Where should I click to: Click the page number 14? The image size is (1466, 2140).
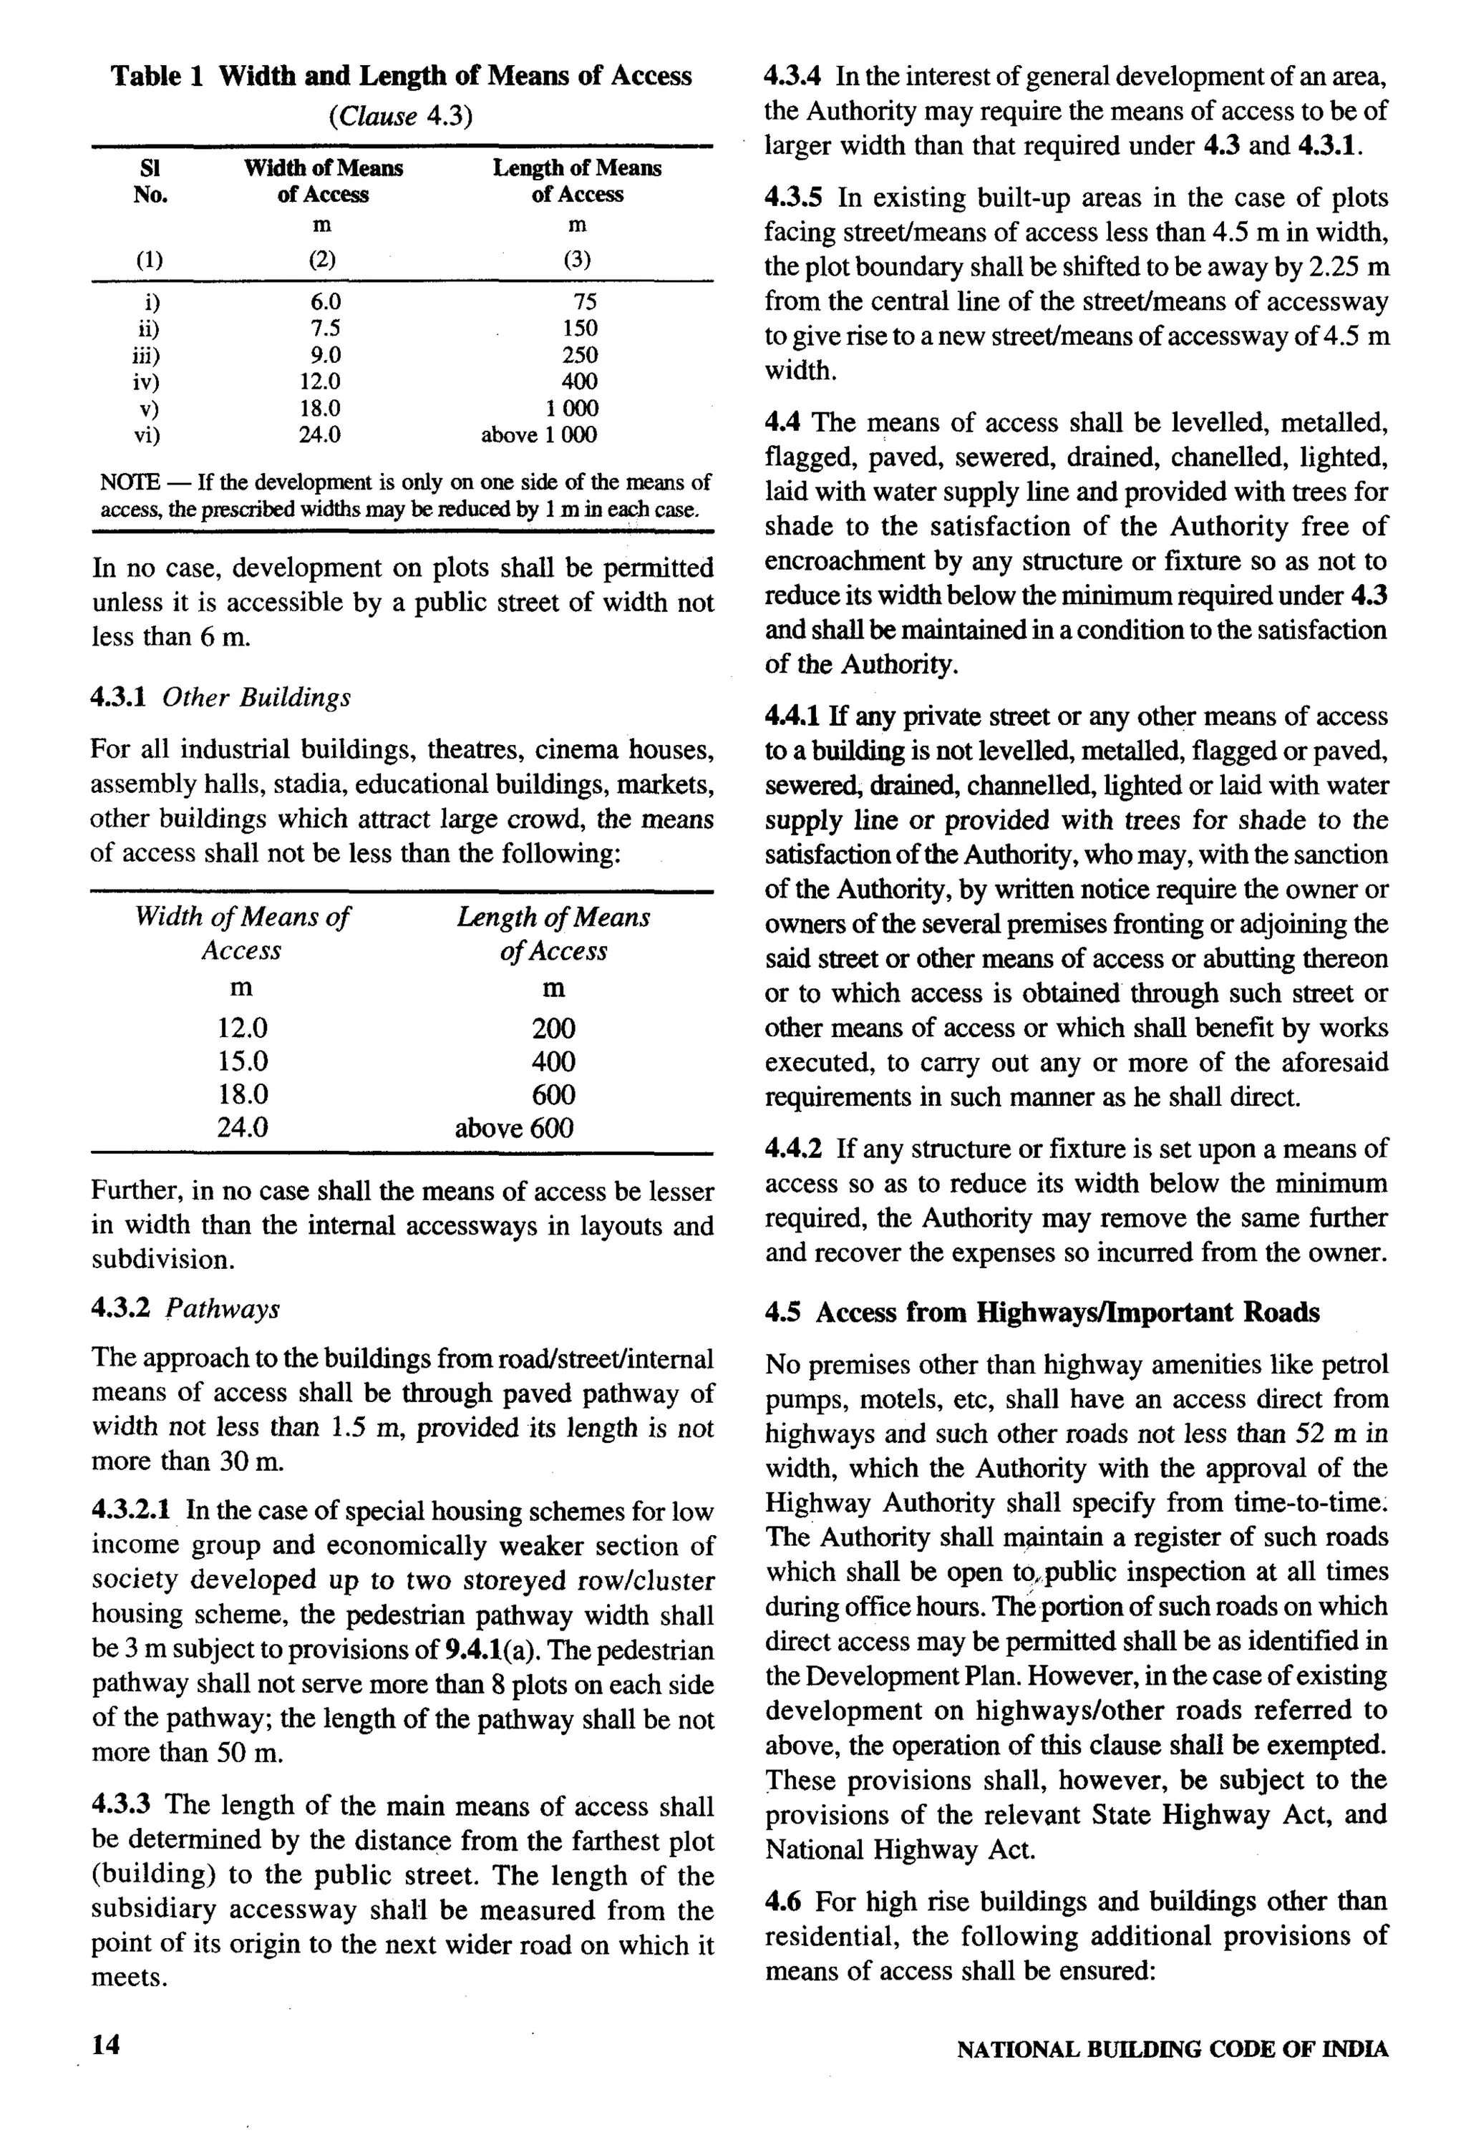[x=106, y=2046]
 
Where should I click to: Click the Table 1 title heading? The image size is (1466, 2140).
[x=401, y=75]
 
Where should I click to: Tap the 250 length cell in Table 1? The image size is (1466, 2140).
[x=579, y=356]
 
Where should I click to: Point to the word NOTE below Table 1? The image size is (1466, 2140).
[x=129, y=482]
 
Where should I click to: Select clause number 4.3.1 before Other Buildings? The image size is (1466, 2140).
[x=119, y=697]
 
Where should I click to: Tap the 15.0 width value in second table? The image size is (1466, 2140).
[x=242, y=1061]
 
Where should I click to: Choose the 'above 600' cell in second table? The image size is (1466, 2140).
[x=514, y=1128]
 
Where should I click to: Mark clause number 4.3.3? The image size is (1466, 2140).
[x=122, y=1806]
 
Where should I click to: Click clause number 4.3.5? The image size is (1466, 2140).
[x=795, y=198]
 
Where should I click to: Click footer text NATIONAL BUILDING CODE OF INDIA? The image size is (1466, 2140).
[x=1173, y=2050]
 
